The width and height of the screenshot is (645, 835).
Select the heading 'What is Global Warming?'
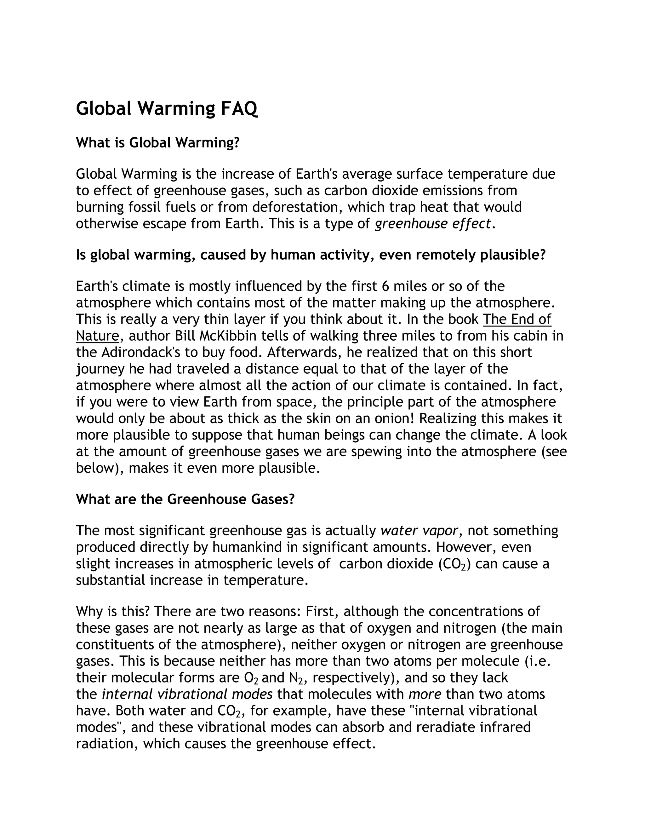click(x=157, y=143)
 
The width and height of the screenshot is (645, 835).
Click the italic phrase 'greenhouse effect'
click(x=432, y=223)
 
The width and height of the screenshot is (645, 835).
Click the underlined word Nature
click(x=97, y=336)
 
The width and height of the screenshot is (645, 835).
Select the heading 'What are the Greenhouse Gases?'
click(x=185, y=499)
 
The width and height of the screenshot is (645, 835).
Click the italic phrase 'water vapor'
click(x=419, y=531)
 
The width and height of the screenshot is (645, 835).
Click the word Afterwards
click(x=301, y=352)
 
